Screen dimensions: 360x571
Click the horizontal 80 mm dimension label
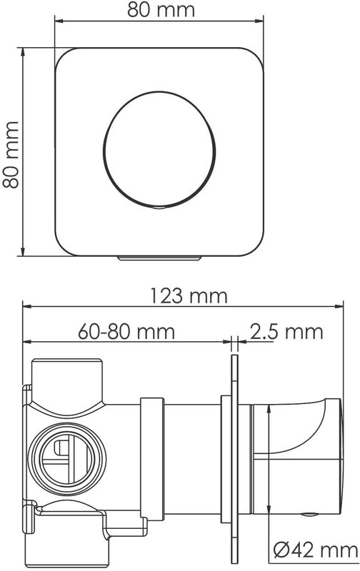click(x=161, y=10)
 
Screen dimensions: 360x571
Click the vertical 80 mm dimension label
click(x=11, y=154)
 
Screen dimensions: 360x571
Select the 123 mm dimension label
click(x=189, y=295)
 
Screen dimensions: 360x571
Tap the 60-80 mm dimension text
click(x=126, y=332)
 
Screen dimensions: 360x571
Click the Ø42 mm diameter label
click(x=316, y=550)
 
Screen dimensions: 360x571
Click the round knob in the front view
click(x=159, y=150)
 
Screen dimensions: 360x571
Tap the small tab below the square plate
click(x=159, y=258)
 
